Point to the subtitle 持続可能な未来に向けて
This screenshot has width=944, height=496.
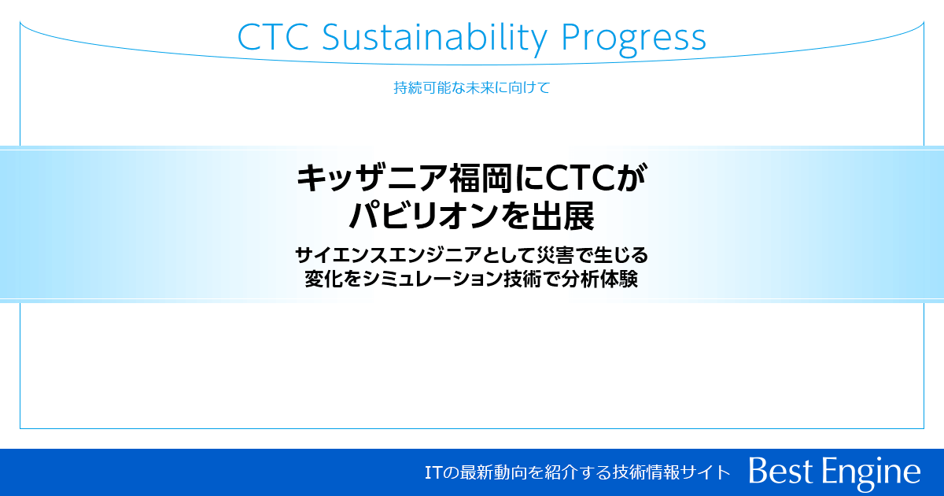coord(471,87)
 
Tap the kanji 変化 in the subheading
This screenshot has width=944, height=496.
coord(323,279)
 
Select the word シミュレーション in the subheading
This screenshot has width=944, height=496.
coord(426,279)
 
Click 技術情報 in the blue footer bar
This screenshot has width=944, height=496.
coord(644,472)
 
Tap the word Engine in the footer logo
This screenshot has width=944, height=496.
coord(872,472)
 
